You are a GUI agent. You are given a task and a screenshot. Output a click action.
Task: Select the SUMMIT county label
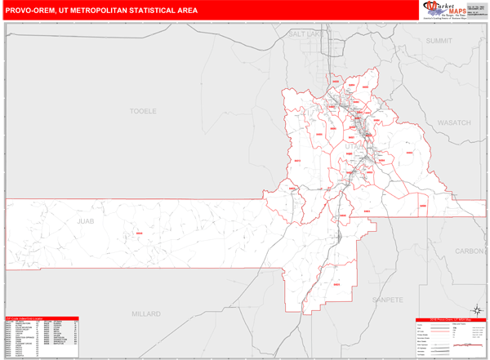[439, 40]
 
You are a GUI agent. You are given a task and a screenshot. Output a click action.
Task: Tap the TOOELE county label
[143, 109]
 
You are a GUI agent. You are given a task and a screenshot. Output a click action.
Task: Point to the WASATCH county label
[454, 122]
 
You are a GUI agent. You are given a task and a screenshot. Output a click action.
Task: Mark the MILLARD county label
[148, 313]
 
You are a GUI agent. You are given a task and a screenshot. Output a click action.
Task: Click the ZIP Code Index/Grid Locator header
[42, 318]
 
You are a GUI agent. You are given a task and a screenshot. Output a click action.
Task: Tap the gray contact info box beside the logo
[476, 10]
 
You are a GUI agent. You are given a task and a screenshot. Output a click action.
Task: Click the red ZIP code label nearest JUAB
[138, 234]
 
